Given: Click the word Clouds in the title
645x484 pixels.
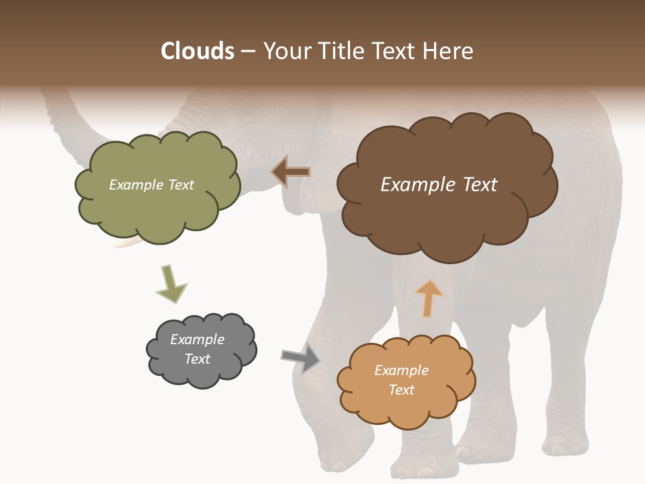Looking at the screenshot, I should click(x=198, y=51).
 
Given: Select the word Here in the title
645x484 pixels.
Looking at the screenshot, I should click(x=449, y=51).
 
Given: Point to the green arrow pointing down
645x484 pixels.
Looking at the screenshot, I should click(x=171, y=285).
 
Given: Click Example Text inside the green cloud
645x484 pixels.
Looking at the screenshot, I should click(x=151, y=185).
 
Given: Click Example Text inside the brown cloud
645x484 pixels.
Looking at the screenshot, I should click(x=439, y=185).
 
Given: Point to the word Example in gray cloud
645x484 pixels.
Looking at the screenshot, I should click(x=197, y=339).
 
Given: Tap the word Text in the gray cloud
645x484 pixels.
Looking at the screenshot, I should click(x=197, y=359).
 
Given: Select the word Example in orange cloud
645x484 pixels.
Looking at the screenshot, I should click(x=401, y=370).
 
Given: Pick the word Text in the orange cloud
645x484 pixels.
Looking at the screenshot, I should click(x=401, y=390).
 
